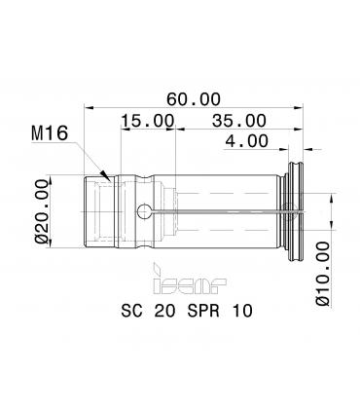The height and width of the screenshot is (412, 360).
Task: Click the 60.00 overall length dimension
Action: click(x=194, y=99)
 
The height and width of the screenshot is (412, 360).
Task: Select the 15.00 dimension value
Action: click(x=148, y=121)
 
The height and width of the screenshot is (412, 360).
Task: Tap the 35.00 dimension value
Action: click(x=239, y=121)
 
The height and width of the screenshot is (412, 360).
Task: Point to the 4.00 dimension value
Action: click(x=247, y=141)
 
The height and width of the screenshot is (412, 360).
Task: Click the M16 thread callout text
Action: click(x=50, y=133)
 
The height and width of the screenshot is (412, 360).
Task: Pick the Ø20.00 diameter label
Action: click(x=42, y=211)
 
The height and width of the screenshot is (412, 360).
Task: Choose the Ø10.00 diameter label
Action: click(x=323, y=274)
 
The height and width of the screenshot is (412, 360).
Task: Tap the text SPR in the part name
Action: click(x=203, y=311)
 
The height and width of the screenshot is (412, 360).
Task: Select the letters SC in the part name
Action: click(x=131, y=311)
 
